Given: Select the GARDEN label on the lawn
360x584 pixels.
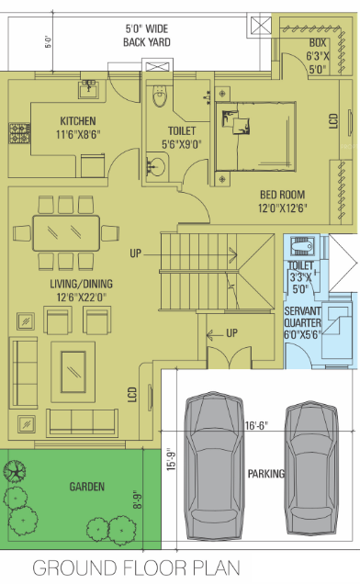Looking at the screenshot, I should click(x=84, y=487).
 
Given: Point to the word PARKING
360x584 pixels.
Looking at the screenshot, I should click(x=266, y=474).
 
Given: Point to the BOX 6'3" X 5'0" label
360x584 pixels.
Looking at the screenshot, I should click(x=319, y=55).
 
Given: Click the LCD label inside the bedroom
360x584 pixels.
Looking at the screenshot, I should click(x=332, y=119).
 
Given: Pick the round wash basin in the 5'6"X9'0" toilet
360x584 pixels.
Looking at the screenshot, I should click(x=157, y=166).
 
